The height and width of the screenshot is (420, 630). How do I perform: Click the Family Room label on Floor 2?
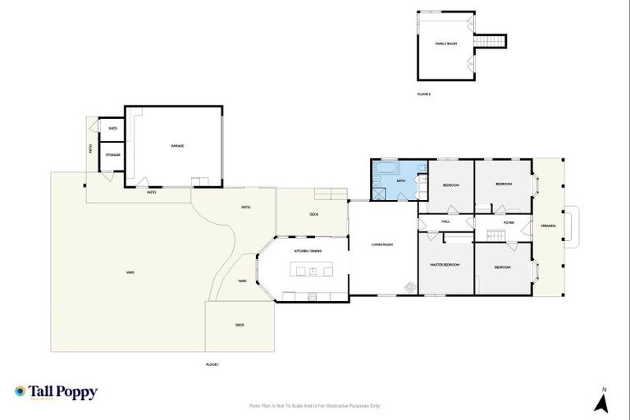click(x=445, y=43)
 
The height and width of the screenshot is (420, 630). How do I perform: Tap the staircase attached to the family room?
click(x=491, y=41)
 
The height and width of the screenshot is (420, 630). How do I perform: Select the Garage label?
click(x=176, y=146)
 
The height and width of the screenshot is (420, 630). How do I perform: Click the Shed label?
click(x=112, y=129)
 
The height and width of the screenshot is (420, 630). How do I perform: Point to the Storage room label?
click(x=112, y=155)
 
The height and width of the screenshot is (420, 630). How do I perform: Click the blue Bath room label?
click(x=401, y=180)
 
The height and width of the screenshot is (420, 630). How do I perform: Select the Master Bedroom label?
click(x=445, y=265)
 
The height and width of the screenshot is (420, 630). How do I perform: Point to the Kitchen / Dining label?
click(x=308, y=251)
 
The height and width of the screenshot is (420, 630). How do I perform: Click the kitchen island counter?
click(x=312, y=271)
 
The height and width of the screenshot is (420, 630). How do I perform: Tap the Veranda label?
click(x=547, y=226)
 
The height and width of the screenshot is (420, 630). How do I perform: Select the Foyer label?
click(x=509, y=221)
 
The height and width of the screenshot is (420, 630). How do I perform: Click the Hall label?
click(x=446, y=221)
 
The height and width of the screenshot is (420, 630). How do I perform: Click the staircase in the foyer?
click(x=492, y=235)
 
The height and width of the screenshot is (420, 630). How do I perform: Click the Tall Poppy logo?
click(x=56, y=392)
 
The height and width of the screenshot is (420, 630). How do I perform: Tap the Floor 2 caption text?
click(x=423, y=94)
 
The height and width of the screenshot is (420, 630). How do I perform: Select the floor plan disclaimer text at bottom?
click(x=315, y=405)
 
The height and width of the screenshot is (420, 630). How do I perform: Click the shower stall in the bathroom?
click(x=380, y=194)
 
